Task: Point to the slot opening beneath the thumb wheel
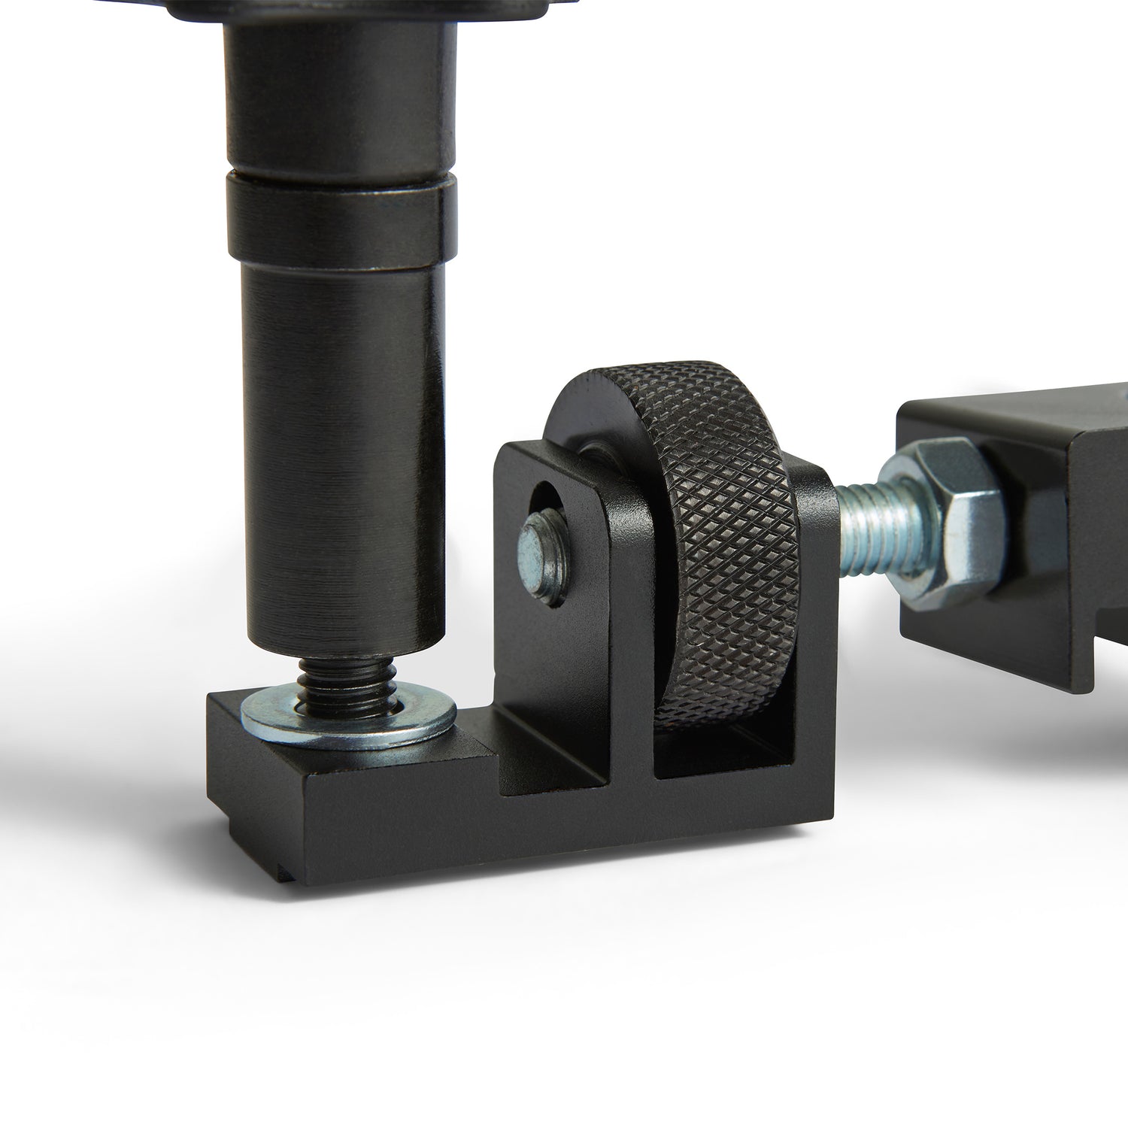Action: tap(722, 760)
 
